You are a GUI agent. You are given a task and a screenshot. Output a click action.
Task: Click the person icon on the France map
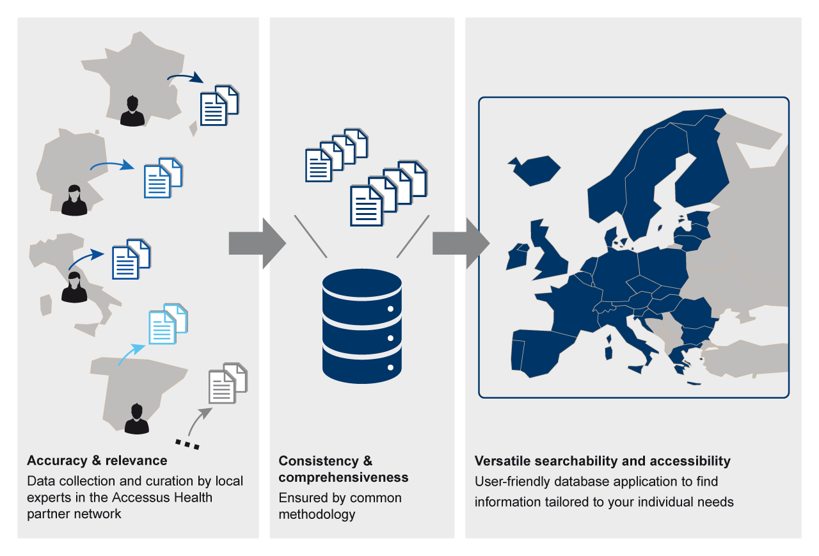[x=132, y=111]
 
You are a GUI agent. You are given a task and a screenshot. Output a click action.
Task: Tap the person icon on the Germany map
[x=74, y=200]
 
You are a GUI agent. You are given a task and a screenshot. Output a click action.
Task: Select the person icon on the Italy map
[x=74, y=287]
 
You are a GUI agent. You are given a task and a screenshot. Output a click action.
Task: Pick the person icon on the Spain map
[x=136, y=419]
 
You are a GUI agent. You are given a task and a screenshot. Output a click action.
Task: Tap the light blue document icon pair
[x=168, y=324]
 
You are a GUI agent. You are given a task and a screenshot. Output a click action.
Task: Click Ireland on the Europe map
[x=517, y=257]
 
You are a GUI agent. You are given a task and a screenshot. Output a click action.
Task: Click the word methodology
[x=317, y=514]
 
